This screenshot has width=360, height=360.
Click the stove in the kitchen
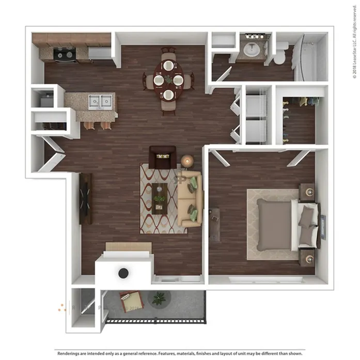65,55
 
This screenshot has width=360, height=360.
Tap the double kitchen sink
100,101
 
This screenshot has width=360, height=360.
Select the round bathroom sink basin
252,50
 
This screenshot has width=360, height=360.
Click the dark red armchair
162,158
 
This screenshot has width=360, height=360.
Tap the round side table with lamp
187,161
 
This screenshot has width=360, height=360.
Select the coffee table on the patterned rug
159,199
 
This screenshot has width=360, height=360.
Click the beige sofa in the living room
190,199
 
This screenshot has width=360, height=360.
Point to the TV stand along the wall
86,199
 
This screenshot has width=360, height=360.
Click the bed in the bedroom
288,225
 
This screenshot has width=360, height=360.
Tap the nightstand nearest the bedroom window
307,258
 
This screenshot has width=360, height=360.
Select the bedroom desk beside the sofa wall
214,224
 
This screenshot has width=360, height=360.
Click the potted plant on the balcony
159,299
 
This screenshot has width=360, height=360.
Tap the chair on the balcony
132,301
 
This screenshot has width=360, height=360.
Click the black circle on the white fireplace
123,273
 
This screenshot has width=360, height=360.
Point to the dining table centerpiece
169,79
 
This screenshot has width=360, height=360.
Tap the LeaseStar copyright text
355,42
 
